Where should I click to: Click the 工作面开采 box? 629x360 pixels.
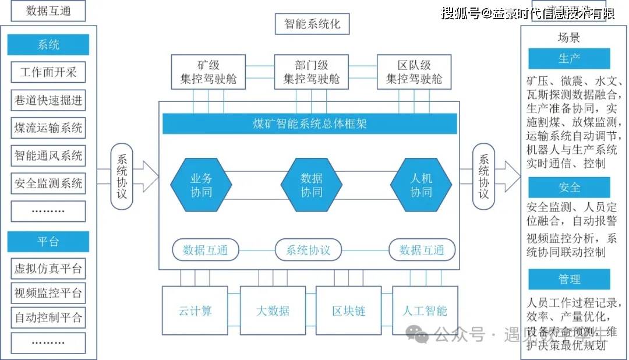(x=48, y=73)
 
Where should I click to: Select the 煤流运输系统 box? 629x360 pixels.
(x=48, y=128)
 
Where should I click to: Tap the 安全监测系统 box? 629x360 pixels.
(x=48, y=183)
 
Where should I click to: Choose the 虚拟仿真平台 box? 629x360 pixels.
(x=48, y=269)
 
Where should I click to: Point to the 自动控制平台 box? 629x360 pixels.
(x=48, y=318)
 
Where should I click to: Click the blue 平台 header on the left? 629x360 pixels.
(x=48, y=242)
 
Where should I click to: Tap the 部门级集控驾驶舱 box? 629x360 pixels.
(x=311, y=72)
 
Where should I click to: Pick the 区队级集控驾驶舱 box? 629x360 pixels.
(x=414, y=72)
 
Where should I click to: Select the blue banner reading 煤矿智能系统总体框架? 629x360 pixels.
(x=309, y=124)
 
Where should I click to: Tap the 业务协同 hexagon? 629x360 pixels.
(x=201, y=185)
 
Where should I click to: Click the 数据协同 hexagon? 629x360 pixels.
(x=311, y=185)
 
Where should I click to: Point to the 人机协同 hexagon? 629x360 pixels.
(x=421, y=185)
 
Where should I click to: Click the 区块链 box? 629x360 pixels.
(x=348, y=310)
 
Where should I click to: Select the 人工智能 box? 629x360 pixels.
(x=425, y=310)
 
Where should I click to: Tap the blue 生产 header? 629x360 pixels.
(x=569, y=59)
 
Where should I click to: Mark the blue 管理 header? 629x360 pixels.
(x=569, y=280)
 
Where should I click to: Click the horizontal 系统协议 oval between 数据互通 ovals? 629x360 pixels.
(x=308, y=250)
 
